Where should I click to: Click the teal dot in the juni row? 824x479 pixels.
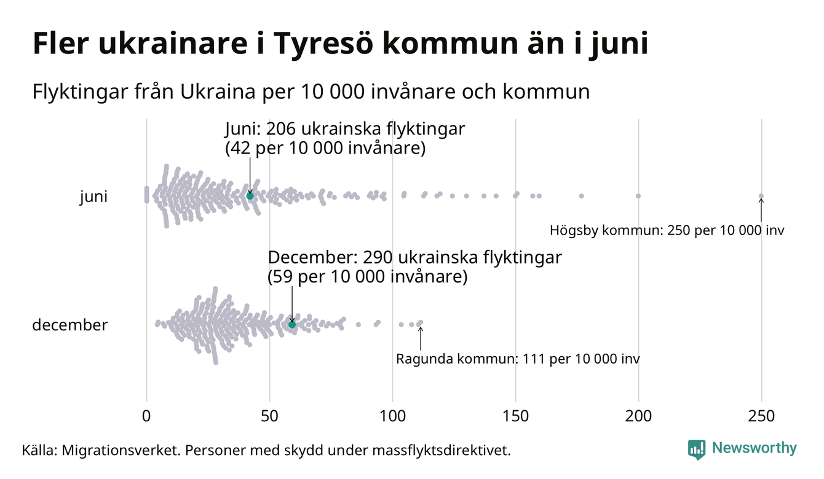(250, 195)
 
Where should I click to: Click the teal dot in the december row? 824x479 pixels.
(292, 324)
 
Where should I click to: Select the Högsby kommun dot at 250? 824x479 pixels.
(761, 197)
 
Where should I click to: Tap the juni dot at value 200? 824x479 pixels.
(638, 196)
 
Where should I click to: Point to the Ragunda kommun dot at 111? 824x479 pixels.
(421, 322)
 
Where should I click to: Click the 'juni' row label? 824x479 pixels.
(93, 197)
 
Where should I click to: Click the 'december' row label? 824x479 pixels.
(69, 325)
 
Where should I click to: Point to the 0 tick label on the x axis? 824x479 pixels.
(146, 416)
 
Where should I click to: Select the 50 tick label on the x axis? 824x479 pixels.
(269, 416)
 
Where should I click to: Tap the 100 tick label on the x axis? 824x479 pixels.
(392, 416)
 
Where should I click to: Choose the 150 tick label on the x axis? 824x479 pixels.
(515, 416)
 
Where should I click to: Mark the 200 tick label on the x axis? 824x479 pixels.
(638, 416)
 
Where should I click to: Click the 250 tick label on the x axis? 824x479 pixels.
(761, 416)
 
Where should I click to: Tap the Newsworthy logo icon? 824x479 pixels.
(697, 449)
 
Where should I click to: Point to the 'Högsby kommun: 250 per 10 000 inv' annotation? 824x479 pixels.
(667, 231)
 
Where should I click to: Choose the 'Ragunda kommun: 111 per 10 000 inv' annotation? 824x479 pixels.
(518, 359)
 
